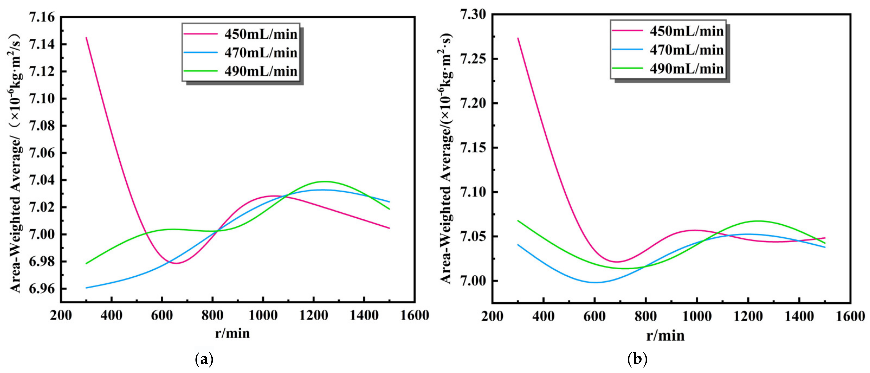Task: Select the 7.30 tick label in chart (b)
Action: click(x=473, y=15)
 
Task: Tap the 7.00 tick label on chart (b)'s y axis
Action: click(x=473, y=281)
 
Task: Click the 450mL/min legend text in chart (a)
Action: click(x=261, y=34)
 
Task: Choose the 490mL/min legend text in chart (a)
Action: click(x=261, y=71)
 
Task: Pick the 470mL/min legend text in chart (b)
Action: click(x=687, y=50)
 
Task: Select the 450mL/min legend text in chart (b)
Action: click(x=687, y=31)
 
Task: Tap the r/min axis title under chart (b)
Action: click(x=665, y=336)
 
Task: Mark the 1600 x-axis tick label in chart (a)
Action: click(x=414, y=315)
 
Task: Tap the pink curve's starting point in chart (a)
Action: click(x=86, y=37)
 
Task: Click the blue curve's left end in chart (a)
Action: click(x=86, y=288)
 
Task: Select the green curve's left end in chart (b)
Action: click(x=518, y=221)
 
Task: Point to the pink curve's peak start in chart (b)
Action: click(x=518, y=38)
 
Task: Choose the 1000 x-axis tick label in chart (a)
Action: click(x=263, y=315)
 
